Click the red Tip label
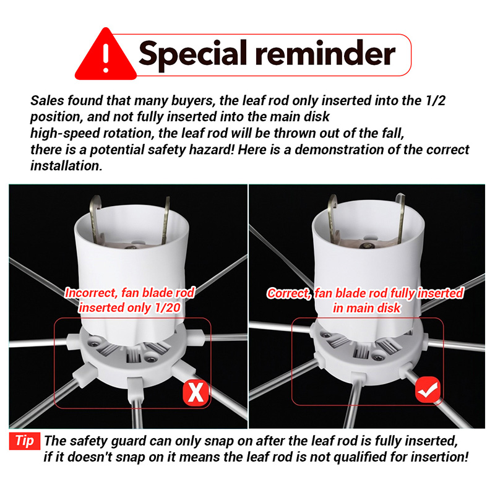(x=25, y=441)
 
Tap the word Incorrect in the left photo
(x=91, y=293)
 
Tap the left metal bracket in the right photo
(x=332, y=216)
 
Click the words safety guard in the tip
(x=106, y=441)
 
